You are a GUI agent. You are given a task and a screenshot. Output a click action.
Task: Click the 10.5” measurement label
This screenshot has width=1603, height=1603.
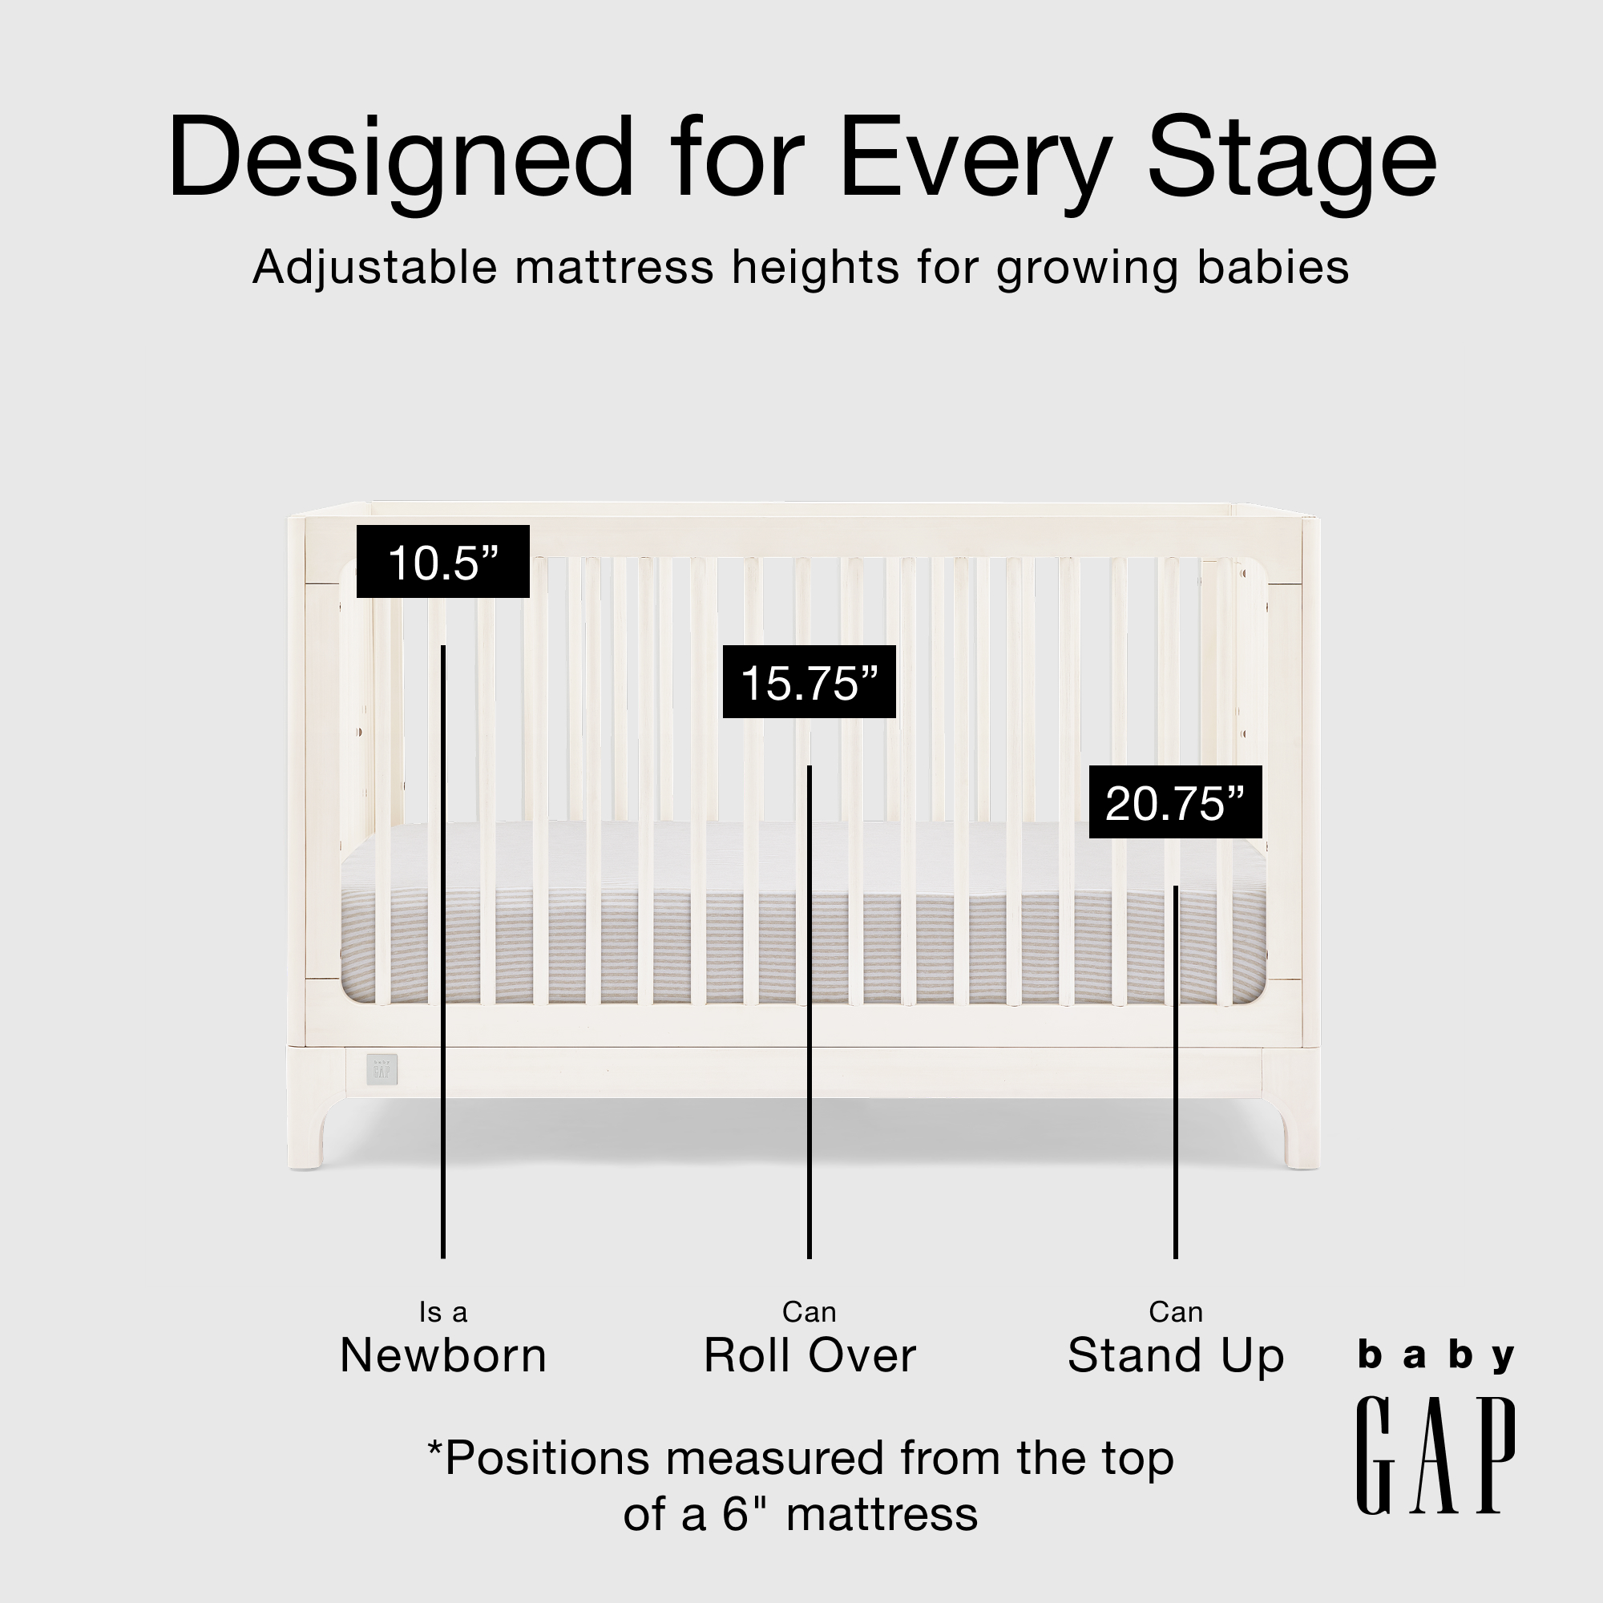click(x=443, y=562)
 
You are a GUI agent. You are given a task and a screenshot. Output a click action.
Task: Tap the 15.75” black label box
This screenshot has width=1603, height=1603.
click(x=809, y=682)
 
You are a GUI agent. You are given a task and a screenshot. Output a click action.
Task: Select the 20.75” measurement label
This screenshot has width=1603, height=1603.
click(x=1175, y=802)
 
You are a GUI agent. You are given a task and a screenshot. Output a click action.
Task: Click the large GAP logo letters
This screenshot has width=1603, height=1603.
click(x=1435, y=1467)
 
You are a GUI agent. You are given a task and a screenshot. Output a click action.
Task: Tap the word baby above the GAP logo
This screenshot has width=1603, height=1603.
click(x=1435, y=1357)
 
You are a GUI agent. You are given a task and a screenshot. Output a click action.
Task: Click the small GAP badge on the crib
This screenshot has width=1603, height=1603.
click(x=382, y=1068)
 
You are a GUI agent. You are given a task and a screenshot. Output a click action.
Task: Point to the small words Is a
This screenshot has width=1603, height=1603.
click(x=443, y=1312)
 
